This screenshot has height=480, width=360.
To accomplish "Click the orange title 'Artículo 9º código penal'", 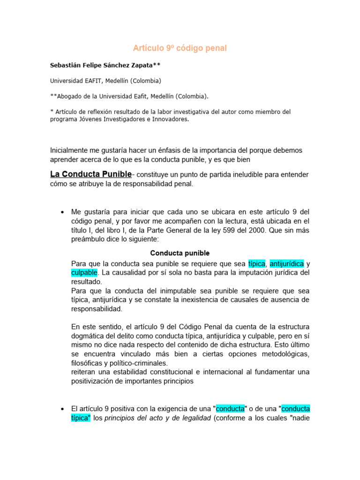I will point(180,48).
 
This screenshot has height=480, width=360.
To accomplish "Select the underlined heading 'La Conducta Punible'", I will point(90,174).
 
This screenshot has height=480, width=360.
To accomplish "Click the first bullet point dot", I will point(62,212).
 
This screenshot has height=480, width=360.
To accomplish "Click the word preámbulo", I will point(89,239).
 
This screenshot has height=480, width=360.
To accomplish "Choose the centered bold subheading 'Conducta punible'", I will point(180,253).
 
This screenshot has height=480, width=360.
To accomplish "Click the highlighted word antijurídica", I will point(287,263).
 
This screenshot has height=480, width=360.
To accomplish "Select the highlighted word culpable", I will point(84,272).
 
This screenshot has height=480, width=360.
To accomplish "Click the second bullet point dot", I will point(62,409).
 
